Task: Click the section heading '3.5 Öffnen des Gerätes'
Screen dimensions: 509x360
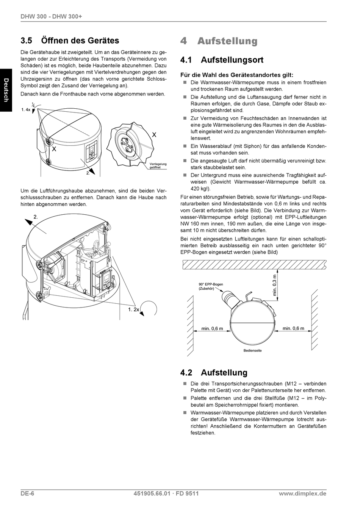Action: coord(70,41)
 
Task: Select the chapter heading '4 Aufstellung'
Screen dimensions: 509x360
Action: coord(219,41)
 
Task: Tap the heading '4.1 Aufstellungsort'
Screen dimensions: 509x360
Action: coord(222,60)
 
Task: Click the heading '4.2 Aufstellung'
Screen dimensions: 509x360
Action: coord(214,373)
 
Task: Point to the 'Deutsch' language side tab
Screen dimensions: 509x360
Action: coord(6,90)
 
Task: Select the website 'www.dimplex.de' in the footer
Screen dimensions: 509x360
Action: coord(302,493)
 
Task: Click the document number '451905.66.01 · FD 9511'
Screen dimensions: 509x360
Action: coord(166,493)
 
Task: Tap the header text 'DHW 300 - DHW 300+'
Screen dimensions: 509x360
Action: coord(51,17)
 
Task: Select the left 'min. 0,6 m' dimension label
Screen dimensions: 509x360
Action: coord(212,328)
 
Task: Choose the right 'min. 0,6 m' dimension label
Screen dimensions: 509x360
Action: coord(293,328)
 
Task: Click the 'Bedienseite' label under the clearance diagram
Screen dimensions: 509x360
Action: coord(252,350)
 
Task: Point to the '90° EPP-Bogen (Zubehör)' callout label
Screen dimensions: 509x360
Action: coord(211,286)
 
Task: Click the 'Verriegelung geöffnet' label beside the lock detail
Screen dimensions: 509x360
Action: coord(158,166)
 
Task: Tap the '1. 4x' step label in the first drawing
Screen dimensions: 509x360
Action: coord(26,109)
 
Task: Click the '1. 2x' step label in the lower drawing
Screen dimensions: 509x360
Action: coord(133,309)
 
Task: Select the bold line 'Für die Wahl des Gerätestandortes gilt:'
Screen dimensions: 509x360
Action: coord(237,75)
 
